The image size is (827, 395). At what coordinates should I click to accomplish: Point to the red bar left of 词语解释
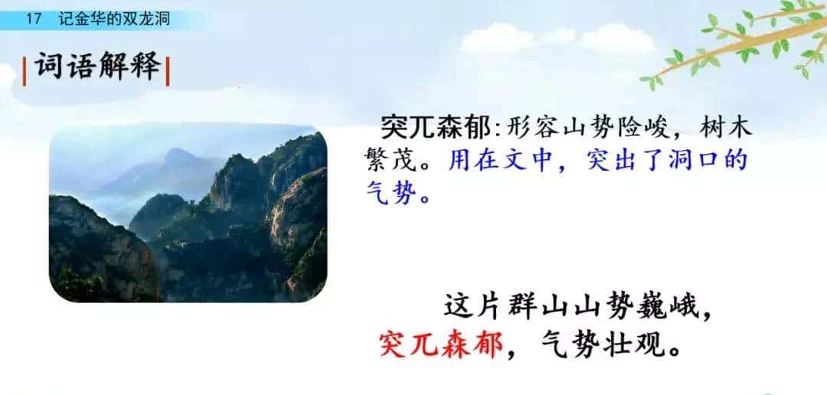(26, 70)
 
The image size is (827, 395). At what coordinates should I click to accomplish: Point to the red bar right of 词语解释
(167, 70)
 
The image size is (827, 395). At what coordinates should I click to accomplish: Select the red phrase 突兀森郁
(441, 345)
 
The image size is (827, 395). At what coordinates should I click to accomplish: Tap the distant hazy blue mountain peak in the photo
(179, 157)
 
